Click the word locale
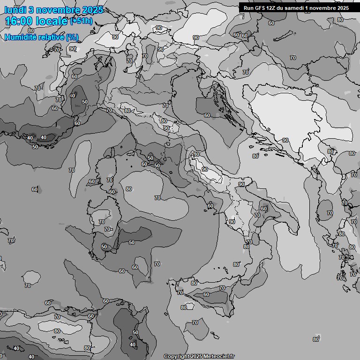point(53,22)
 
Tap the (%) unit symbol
point(72,37)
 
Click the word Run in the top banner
point(248,8)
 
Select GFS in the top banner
point(260,8)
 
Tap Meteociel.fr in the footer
point(220,356)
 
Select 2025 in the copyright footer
point(196,356)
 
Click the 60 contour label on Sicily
point(206,294)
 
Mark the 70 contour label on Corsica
point(109,180)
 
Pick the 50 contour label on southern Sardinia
point(104,247)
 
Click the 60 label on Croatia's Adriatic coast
point(207,115)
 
